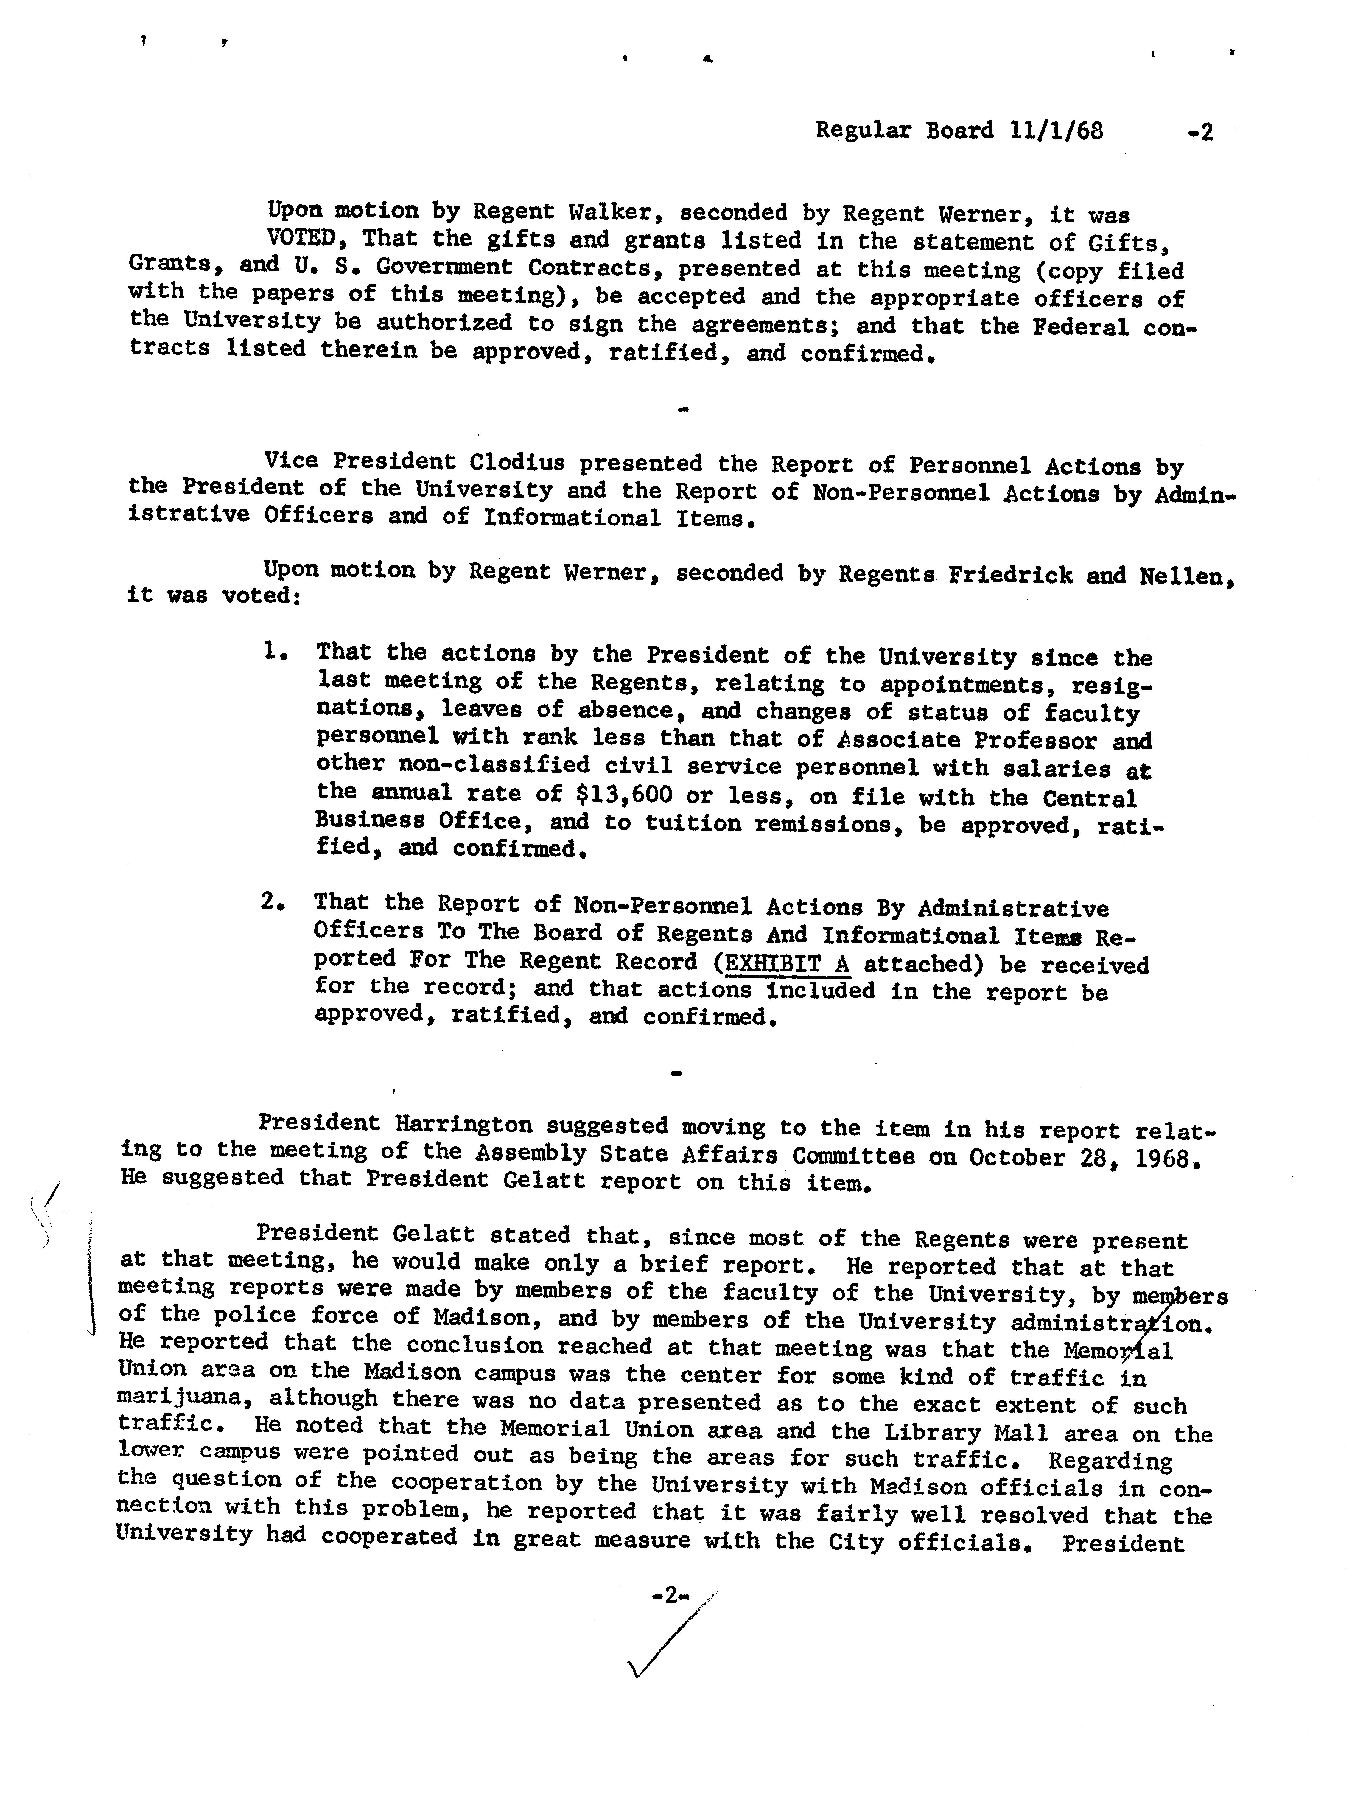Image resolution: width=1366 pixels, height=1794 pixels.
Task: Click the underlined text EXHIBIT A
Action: pos(786,963)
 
